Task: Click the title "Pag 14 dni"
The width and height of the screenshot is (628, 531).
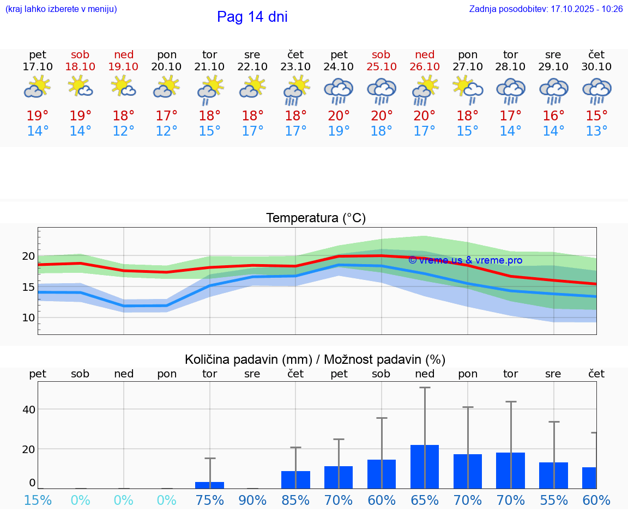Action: pos(252,17)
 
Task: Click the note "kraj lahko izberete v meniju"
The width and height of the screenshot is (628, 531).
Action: pos(61,9)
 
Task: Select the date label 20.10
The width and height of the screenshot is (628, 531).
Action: pos(167,67)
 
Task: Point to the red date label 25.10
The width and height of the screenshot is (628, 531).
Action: pos(381,67)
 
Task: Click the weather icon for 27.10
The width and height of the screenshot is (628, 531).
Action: pos(467,89)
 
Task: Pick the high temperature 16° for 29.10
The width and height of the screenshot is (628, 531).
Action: pos(553,116)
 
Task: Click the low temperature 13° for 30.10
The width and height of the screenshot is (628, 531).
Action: pos(596,131)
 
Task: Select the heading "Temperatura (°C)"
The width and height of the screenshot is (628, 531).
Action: pos(316,218)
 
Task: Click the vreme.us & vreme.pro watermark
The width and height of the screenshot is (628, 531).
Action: pos(465,260)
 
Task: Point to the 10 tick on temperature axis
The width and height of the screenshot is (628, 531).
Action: pos(28,318)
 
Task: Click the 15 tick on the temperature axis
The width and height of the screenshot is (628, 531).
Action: pos(28,287)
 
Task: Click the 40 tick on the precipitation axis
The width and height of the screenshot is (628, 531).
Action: pos(28,410)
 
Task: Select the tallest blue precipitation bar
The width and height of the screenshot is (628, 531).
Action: pos(424,467)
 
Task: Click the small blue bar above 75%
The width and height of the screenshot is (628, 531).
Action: pos(209,485)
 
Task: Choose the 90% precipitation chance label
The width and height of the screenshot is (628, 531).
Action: pos(252,501)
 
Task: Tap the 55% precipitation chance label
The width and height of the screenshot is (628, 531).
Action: pos(553,501)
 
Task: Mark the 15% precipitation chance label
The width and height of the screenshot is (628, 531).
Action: pos(37,501)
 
